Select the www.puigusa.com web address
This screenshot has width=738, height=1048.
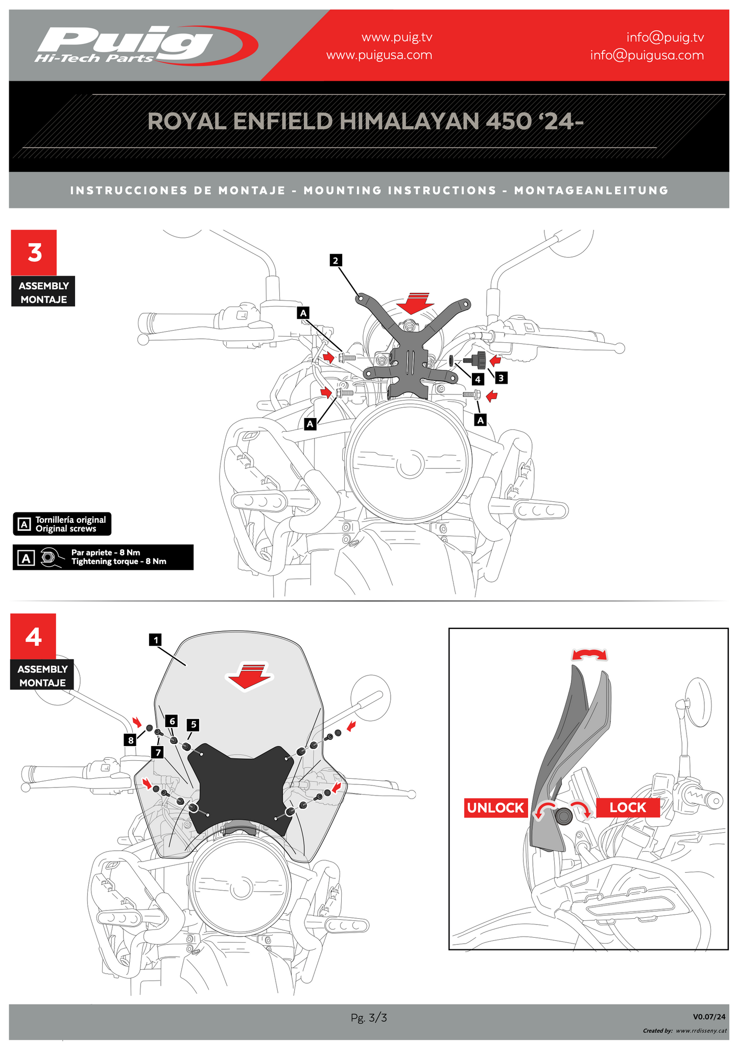379,55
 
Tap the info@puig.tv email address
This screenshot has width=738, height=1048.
665,37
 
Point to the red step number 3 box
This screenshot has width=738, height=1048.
34,252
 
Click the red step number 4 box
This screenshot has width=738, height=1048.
33,636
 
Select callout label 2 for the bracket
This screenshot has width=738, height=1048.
335,261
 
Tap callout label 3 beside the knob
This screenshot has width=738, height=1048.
501,378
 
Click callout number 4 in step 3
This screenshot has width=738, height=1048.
478,379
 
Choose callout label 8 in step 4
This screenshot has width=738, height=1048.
131,739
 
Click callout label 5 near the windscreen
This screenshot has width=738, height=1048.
194,724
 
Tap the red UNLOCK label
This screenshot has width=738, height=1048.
495,807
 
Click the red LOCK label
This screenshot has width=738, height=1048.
628,807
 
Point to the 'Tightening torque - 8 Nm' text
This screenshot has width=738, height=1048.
118,562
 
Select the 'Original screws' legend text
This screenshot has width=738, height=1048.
66,529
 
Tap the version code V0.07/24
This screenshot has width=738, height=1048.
709,1017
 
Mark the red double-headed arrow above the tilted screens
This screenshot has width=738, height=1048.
589,655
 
